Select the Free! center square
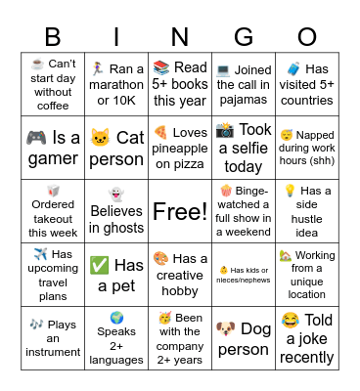[179, 211]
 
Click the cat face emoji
[100, 138]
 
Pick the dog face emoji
[226, 327]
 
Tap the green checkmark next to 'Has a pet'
[99, 265]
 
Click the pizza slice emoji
[160, 131]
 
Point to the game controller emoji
[35, 138]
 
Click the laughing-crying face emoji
[290, 320]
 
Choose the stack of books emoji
[161, 67]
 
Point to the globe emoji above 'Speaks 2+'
[116, 318]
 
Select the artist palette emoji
[161, 258]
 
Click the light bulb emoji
[290, 191]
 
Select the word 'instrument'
[53, 353]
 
